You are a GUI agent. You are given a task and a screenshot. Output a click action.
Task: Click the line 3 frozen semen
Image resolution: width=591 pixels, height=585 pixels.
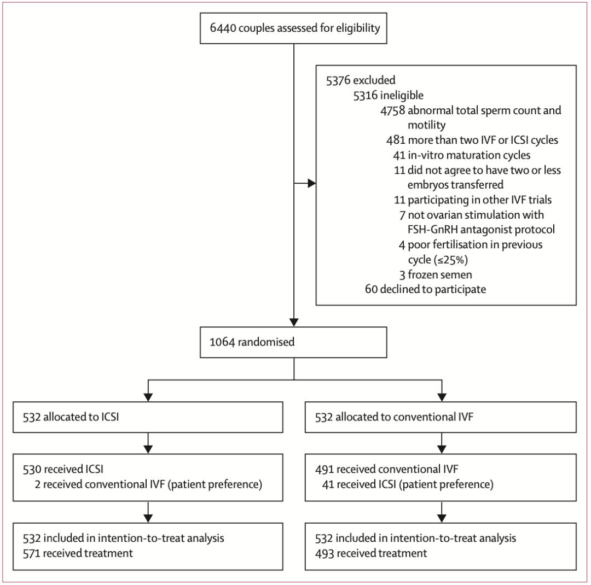click(436, 274)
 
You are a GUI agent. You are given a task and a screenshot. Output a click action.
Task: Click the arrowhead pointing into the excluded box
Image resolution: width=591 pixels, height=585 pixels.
click(312, 184)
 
